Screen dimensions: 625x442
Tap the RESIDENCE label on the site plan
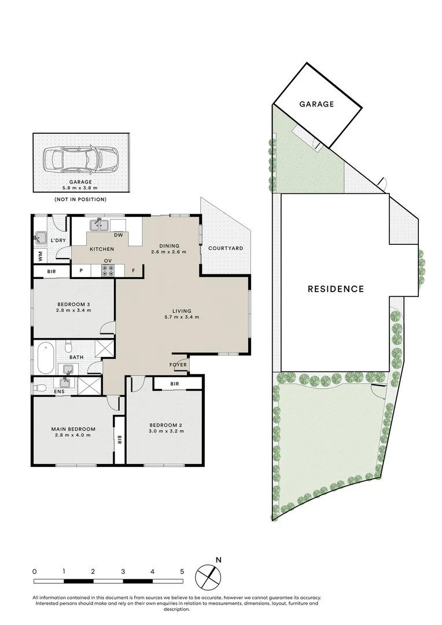[336, 289]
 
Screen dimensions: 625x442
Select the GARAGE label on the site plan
[316, 104]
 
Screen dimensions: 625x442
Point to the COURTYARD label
[226, 248]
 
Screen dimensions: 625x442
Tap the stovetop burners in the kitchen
[108, 270]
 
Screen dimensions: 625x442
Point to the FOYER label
[178, 365]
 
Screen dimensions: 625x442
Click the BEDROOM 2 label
[165, 424]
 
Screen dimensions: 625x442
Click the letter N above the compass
[218, 560]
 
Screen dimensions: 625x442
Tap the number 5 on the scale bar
[182, 571]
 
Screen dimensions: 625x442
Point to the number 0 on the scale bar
[35, 571]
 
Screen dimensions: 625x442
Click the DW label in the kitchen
[118, 235]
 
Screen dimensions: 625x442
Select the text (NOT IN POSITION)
[80, 199]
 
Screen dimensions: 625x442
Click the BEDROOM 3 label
[73, 304]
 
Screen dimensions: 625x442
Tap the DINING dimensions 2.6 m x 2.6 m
[169, 252]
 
